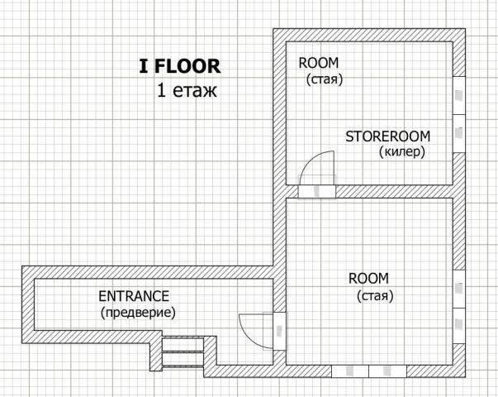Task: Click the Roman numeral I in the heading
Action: tap(144, 66)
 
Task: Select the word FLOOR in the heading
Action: tap(187, 66)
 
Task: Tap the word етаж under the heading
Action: tap(195, 91)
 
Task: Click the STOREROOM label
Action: tap(388, 136)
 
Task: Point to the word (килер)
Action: tap(402, 152)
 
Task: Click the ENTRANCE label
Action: tap(134, 296)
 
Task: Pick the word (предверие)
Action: tap(138, 313)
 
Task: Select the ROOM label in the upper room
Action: tap(319, 63)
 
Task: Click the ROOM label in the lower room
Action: tap(368, 279)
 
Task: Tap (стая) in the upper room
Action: tap(325, 79)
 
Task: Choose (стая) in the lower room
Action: tap(375, 295)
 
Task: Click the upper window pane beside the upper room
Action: tap(459, 95)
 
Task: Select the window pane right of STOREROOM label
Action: tap(459, 133)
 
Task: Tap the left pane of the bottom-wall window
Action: tap(350, 371)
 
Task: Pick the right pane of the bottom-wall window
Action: tap(387, 371)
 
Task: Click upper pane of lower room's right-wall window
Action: tap(459, 289)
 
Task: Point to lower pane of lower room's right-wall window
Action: tap(459, 325)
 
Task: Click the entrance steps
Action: tap(183, 352)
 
